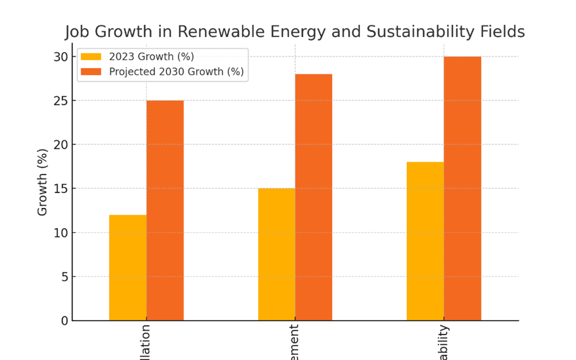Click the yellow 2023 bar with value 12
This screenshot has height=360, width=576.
(x=127, y=268)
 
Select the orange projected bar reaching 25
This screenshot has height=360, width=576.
(x=165, y=210)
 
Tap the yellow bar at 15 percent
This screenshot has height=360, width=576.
(x=276, y=254)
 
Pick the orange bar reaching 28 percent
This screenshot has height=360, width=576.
(x=313, y=197)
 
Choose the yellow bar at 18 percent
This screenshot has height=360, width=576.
(x=425, y=241)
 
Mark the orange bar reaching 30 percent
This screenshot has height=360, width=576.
(x=462, y=188)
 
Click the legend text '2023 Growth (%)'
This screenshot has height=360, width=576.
(x=151, y=57)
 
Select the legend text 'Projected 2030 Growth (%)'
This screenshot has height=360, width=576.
(x=176, y=72)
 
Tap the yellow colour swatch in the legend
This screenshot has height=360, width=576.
(x=91, y=57)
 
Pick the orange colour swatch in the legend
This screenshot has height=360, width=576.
(x=91, y=72)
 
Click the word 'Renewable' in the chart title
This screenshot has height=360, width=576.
(x=228, y=32)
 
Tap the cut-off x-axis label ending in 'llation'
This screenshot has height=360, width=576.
(x=145, y=343)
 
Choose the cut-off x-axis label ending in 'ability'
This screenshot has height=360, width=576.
(x=443, y=343)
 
